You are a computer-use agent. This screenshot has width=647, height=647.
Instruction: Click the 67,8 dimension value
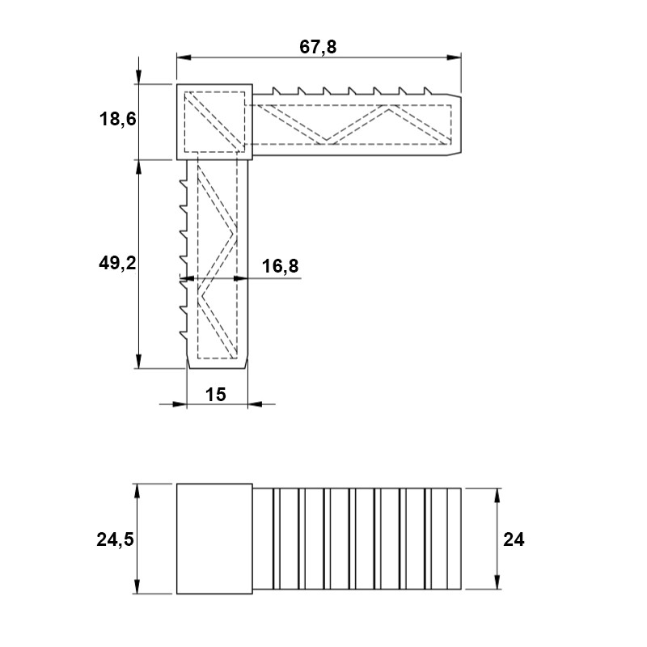click(318, 47)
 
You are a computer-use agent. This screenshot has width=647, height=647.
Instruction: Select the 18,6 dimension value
click(117, 119)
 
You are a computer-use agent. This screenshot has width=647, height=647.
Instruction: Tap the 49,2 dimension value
click(117, 263)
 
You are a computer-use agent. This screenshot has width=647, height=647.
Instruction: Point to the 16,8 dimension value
click(280, 266)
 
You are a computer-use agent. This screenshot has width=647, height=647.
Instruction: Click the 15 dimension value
click(215, 395)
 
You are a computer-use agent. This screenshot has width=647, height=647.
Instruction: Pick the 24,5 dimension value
click(115, 539)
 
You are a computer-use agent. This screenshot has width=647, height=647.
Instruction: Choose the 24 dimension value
click(514, 539)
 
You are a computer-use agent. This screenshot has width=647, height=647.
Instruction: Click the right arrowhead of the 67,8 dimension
click(454, 57)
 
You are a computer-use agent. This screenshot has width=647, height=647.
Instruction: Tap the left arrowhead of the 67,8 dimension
click(184, 57)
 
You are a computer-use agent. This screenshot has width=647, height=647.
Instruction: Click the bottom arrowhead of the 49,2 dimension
click(138, 361)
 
